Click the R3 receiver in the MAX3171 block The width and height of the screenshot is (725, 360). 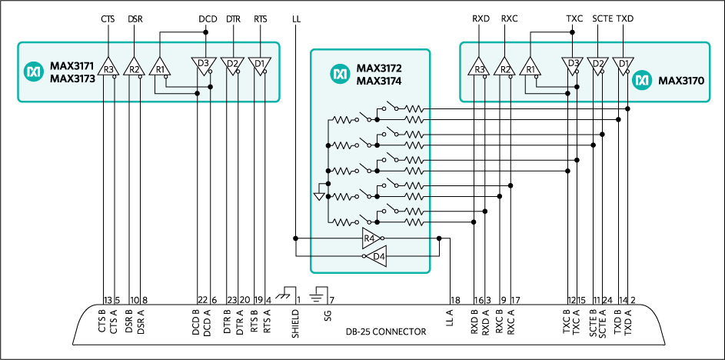[x=109, y=68]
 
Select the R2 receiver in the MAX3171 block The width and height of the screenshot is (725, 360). [x=135, y=68]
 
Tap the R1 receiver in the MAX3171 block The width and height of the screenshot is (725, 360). [x=160, y=68]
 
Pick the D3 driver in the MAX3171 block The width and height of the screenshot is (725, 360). [x=203, y=65]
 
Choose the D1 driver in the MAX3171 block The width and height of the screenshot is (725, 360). [x=260, y=65]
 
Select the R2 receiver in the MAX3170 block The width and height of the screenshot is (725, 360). [x=505, y=68]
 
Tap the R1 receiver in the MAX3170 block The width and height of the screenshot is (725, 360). [x=529, y=68]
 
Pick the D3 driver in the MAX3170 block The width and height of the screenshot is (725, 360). [x=572, y=65]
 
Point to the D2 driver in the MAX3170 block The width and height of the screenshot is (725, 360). [x=597, y=65]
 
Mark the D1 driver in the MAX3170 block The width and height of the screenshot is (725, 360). [x=623, y=65]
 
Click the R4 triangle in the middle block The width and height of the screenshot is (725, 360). [x=372, y=238]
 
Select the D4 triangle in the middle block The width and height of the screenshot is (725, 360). [x=376, y=256]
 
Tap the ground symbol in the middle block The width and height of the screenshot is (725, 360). [x=320, y=196]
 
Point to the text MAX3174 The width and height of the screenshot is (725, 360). [x=379, y=80]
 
